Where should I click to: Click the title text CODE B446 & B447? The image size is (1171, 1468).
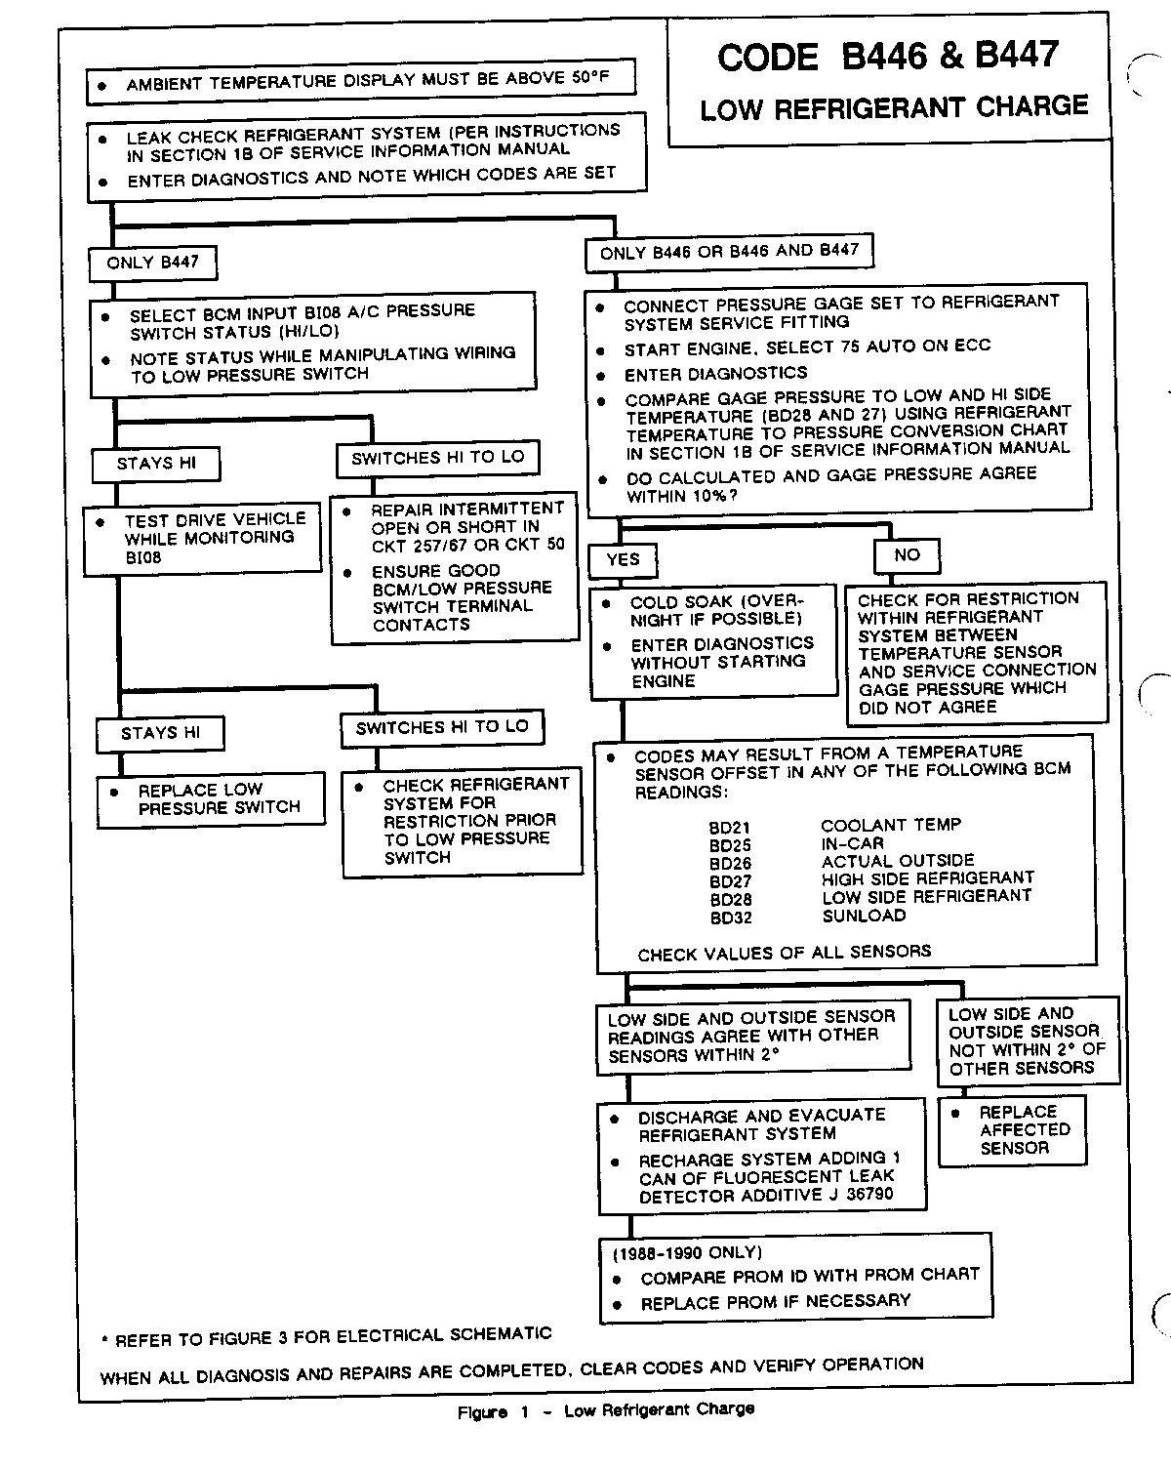point(888,57)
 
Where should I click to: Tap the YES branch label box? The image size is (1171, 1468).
point(623,559)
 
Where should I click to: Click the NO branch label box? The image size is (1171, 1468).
point(907,555)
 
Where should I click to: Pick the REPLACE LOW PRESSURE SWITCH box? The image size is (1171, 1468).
point(211,799)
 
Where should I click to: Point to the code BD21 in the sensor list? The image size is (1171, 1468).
point(730,828)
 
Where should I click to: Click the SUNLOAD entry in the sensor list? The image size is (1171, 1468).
point(864,916)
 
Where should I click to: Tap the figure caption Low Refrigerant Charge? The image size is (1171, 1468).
point(606,1410)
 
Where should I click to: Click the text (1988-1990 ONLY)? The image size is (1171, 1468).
point(688,1252)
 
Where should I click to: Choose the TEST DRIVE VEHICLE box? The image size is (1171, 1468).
point(203,538)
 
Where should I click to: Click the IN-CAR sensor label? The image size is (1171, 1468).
point(852,843)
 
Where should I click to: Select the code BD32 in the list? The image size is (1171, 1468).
point(731,917)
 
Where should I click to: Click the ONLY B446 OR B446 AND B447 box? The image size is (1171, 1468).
point(729,252)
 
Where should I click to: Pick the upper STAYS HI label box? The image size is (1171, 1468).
point(156,464)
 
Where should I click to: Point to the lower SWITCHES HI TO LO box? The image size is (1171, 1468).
point(441,727)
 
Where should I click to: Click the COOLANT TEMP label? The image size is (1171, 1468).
point(891,825)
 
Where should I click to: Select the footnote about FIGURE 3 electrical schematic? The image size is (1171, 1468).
point(327,1336)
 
